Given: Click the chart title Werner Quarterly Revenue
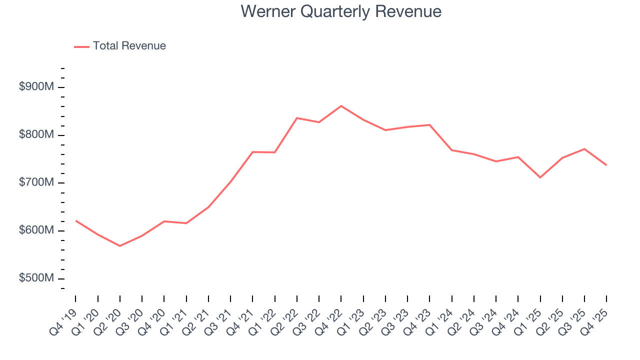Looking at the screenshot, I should [x=341, y=11].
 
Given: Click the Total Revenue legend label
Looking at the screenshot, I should [x=129, y=46].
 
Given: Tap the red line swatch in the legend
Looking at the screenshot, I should [x=81, y=46].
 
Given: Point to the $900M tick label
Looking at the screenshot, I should [x=36, y=87].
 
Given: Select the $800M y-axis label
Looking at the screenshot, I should [x=36, y=135].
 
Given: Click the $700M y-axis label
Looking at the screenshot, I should [x=36, y=183].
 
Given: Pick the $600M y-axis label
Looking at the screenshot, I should [x=36, y=230].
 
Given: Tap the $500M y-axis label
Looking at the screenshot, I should [x=36, y=278].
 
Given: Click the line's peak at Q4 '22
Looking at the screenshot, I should [x=341, y=106].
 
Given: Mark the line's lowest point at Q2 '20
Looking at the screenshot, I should [x=120, y=246].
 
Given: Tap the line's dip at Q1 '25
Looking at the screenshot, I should [x=540, y=177].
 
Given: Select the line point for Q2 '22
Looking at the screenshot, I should [x=297, y=118].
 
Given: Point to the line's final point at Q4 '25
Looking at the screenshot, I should [x=606, y=165].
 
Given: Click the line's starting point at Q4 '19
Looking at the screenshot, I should [x=76, y=220].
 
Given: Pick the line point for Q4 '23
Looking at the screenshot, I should [x=429, y=125].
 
